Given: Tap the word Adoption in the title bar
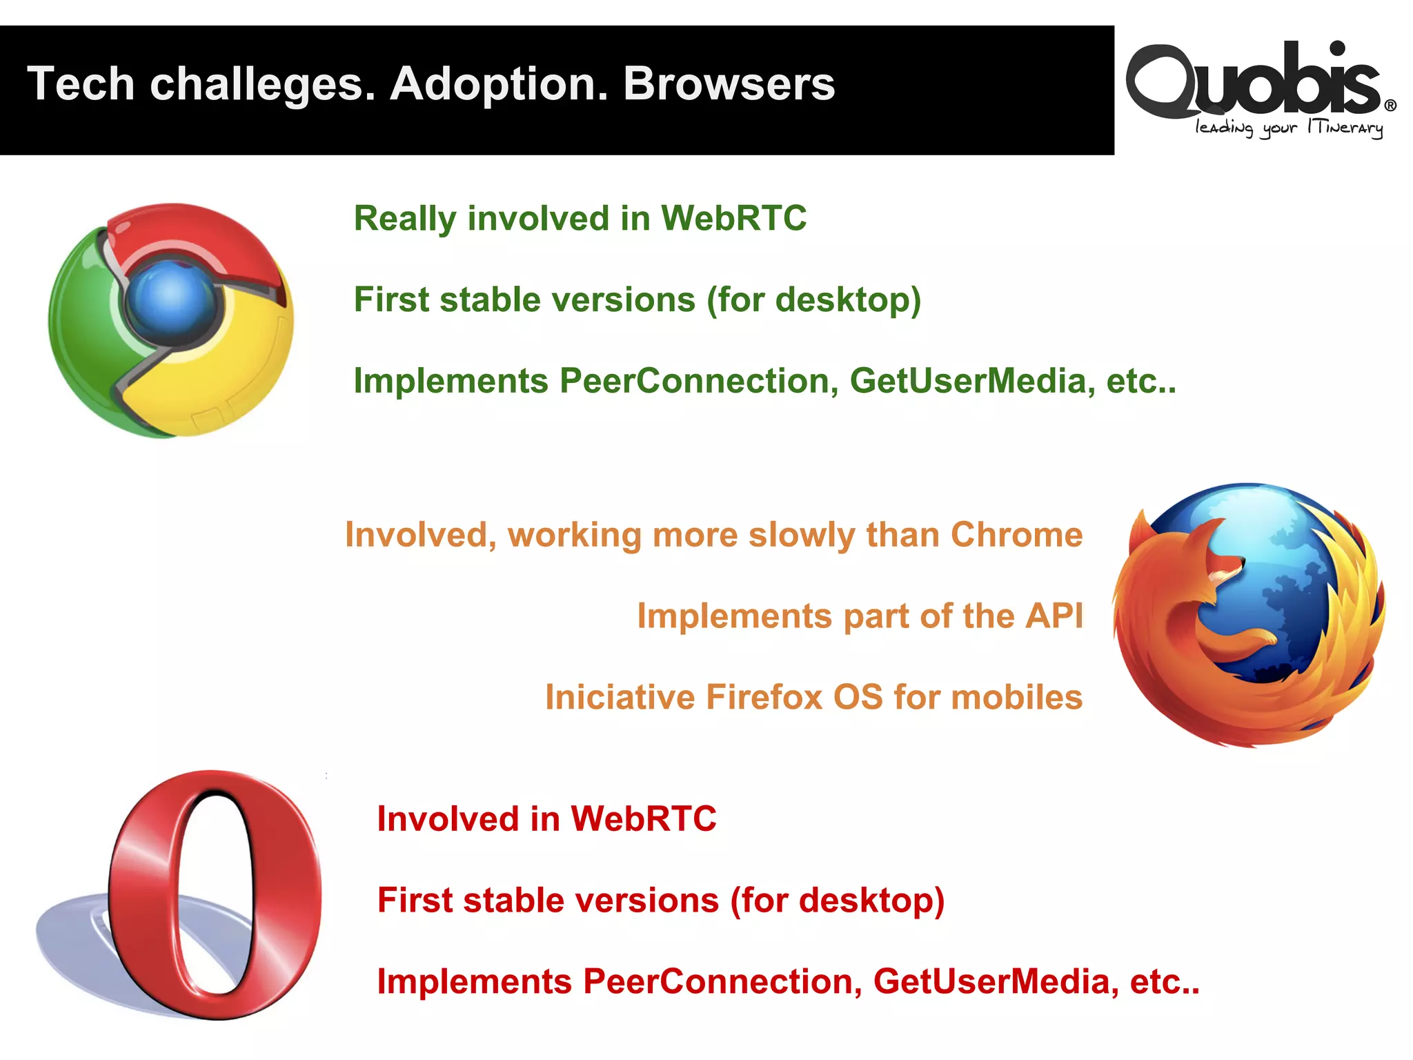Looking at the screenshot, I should (x=499, y=84).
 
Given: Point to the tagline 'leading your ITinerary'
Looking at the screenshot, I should (x=1289, y=128).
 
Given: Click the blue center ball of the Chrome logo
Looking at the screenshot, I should (x=171, y=295).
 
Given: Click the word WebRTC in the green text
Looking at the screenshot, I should (x=733, y=219).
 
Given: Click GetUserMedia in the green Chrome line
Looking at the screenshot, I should (x=972, y=381).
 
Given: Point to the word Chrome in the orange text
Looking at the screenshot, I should (x=1016, y=535).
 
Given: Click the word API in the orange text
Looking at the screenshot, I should (x=1054, y=616).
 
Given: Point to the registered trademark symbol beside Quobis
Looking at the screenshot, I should (x=1390, y=106).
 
